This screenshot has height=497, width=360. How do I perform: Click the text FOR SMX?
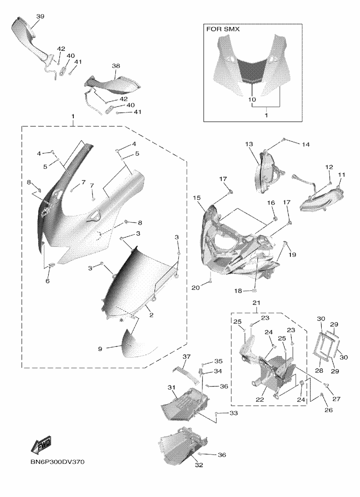[223, 29]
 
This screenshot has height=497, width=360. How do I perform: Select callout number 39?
[40, 16]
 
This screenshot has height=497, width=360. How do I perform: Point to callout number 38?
[116, 66]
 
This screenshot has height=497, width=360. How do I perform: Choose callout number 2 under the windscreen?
[151, 315]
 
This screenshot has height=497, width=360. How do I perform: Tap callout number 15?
[196, 198]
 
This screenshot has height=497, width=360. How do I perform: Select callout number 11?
[341, 175]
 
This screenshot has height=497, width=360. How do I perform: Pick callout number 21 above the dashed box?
[255, 303]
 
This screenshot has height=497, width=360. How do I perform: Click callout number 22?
[260, 399]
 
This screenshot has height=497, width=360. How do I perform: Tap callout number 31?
[171, 388]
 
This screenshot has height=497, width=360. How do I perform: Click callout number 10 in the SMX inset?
[252, 100]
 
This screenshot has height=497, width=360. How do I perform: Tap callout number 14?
[305, 145]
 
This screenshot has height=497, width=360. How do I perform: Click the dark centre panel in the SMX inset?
[252, 70]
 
